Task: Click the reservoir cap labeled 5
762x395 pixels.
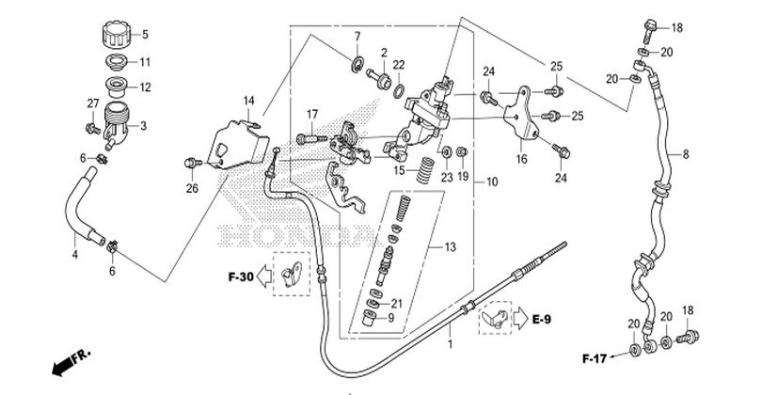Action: [x=117, y=34]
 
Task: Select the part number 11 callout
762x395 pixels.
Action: [x=145, y=62]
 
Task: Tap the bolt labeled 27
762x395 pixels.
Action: [x=92, y=128]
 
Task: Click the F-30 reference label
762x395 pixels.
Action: [x=241, y=277]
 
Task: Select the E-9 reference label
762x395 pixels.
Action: [x=542, y=319]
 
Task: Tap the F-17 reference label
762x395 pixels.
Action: [x=595, y=359]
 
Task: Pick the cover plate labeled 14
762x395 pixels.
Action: [x=238, y=144]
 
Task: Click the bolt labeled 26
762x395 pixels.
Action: [x=193, y=163]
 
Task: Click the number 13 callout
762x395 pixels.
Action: [x=451, y=247]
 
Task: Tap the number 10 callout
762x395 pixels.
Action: [x=492, y=182]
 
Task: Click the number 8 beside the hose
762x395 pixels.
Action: [x=686, y=154]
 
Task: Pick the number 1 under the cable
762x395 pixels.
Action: [x=450, y=344]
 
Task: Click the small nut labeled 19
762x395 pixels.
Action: [x=463, y=152]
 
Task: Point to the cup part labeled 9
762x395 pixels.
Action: [x=372, y=318]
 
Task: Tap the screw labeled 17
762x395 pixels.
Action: [x=312, y=139]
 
